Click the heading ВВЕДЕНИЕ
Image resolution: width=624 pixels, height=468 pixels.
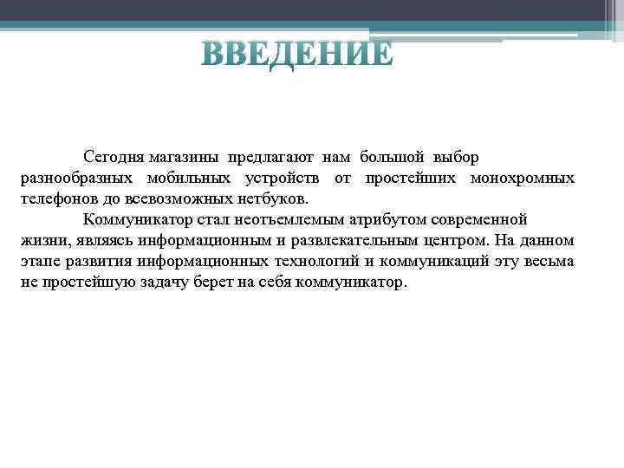[297, 54]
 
